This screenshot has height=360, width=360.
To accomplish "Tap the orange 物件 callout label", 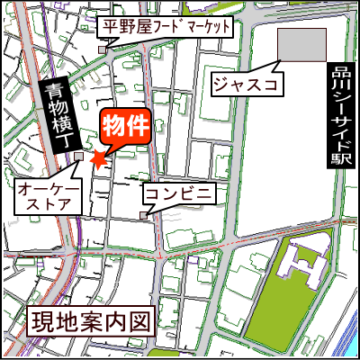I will [x=123, y=126].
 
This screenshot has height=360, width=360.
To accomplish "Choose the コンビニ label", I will [x=178, y=194].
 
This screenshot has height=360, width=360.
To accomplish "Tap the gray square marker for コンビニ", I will [x=143, y=214].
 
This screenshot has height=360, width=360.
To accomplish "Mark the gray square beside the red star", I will [x=79, y=157].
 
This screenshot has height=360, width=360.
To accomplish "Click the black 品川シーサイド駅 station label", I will [x=339, y=112].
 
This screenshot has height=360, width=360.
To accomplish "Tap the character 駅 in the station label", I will [x=339, y=157].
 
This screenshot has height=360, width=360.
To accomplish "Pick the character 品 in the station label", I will [x=339, y=69].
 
